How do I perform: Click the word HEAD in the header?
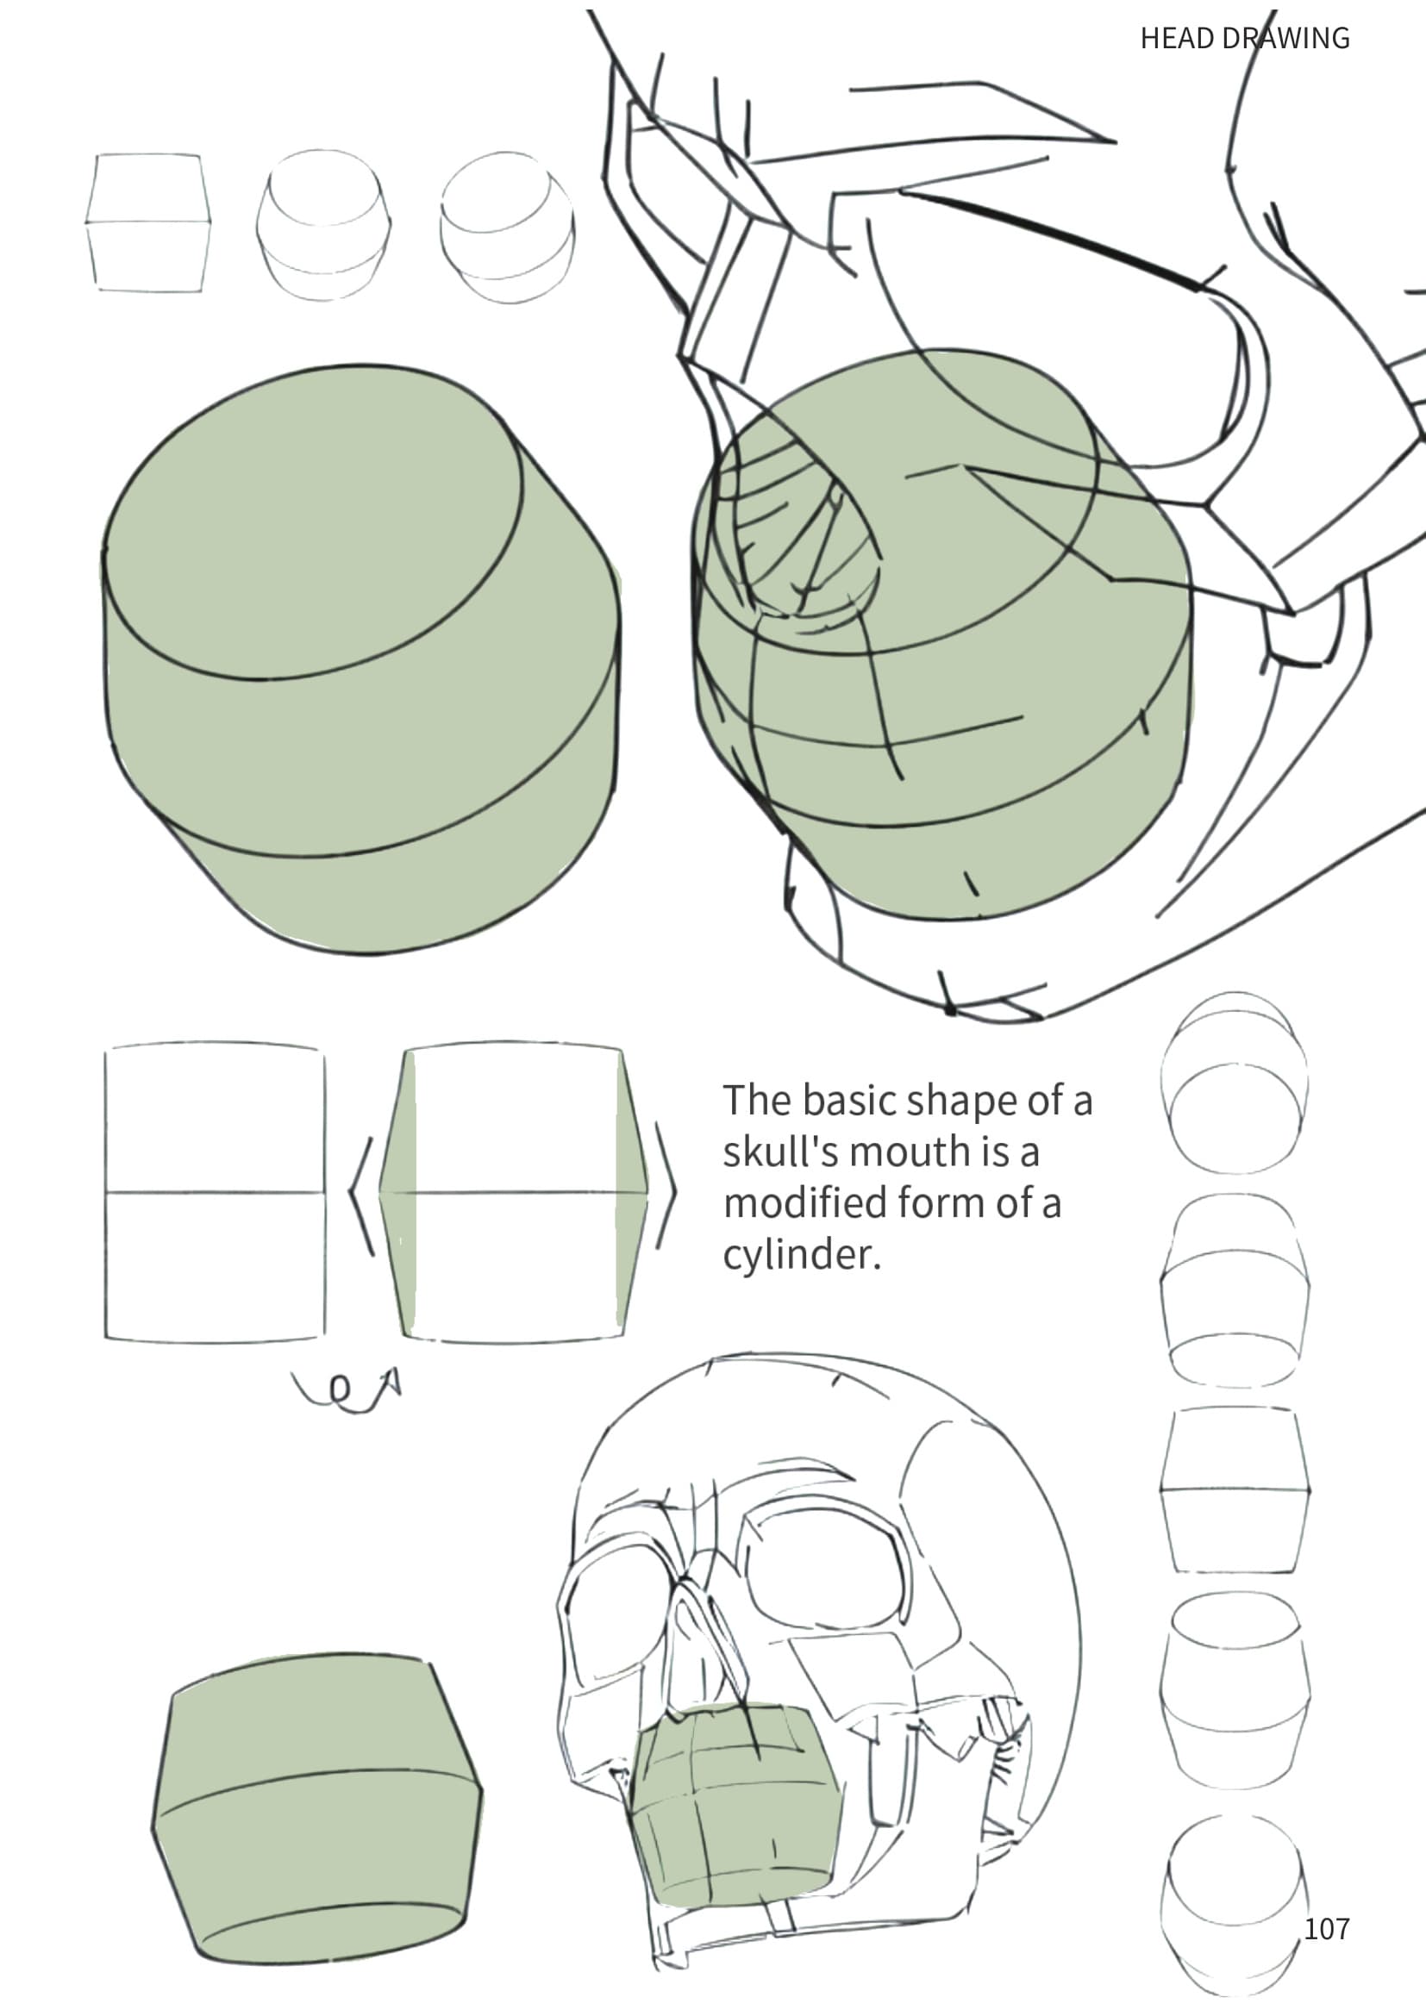[1174, 39]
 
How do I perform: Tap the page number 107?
[1326, 1929]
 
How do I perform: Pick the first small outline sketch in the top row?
[148, 222]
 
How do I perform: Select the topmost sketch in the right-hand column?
[1234, 1083]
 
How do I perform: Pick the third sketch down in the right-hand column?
[1235, 1490]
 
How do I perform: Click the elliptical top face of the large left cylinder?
[313, 522]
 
